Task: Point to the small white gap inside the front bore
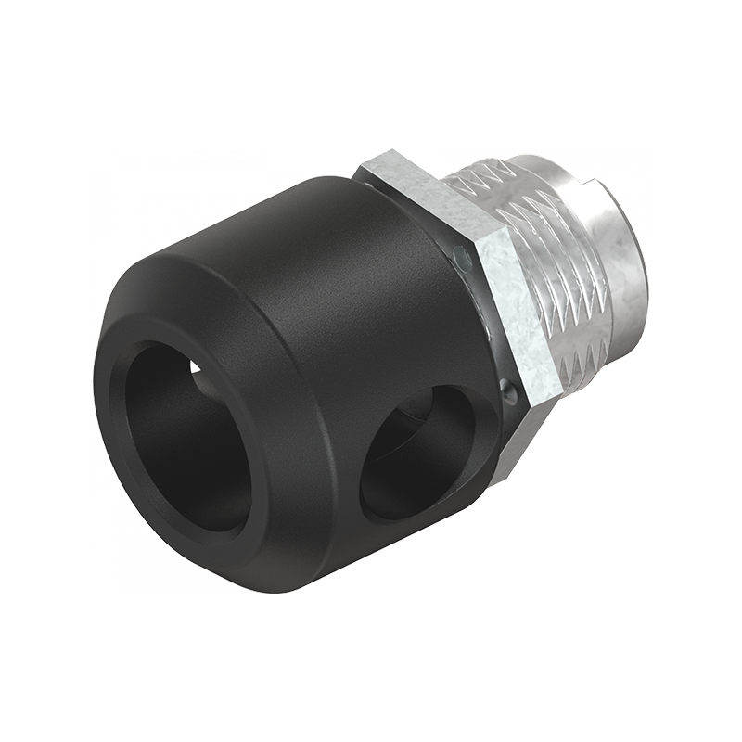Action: point(197,368)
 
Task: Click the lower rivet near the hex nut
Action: point(507,390)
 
